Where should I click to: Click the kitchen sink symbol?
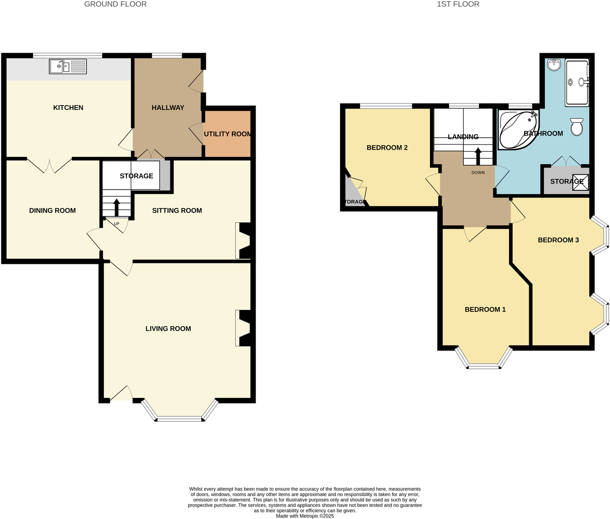[x=68, y=66]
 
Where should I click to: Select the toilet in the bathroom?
[x=577, y=126]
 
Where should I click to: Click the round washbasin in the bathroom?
[x=554, y=65]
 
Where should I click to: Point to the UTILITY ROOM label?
[x=228, y=134]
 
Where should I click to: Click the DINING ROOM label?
[x=52, y=211]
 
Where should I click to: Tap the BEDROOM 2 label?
[x=387, y=148]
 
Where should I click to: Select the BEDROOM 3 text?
[x=558, y=240]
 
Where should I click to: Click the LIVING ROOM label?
[x=168, y=329]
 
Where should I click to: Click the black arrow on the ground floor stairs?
[x=116, y=207]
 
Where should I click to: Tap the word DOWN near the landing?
[x=478, y=173]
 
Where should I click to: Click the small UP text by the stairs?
[x=116, y=224]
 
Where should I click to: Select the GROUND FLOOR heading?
[x=115, y=4]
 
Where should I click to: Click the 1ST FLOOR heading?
[x=458, y=4]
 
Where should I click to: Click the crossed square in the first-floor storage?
[x=580, y=182]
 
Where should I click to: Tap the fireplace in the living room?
[x=243, y=328]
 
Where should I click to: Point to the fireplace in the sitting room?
[x=243, y=240]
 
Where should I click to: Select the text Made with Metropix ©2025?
[x=305, y=516]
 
